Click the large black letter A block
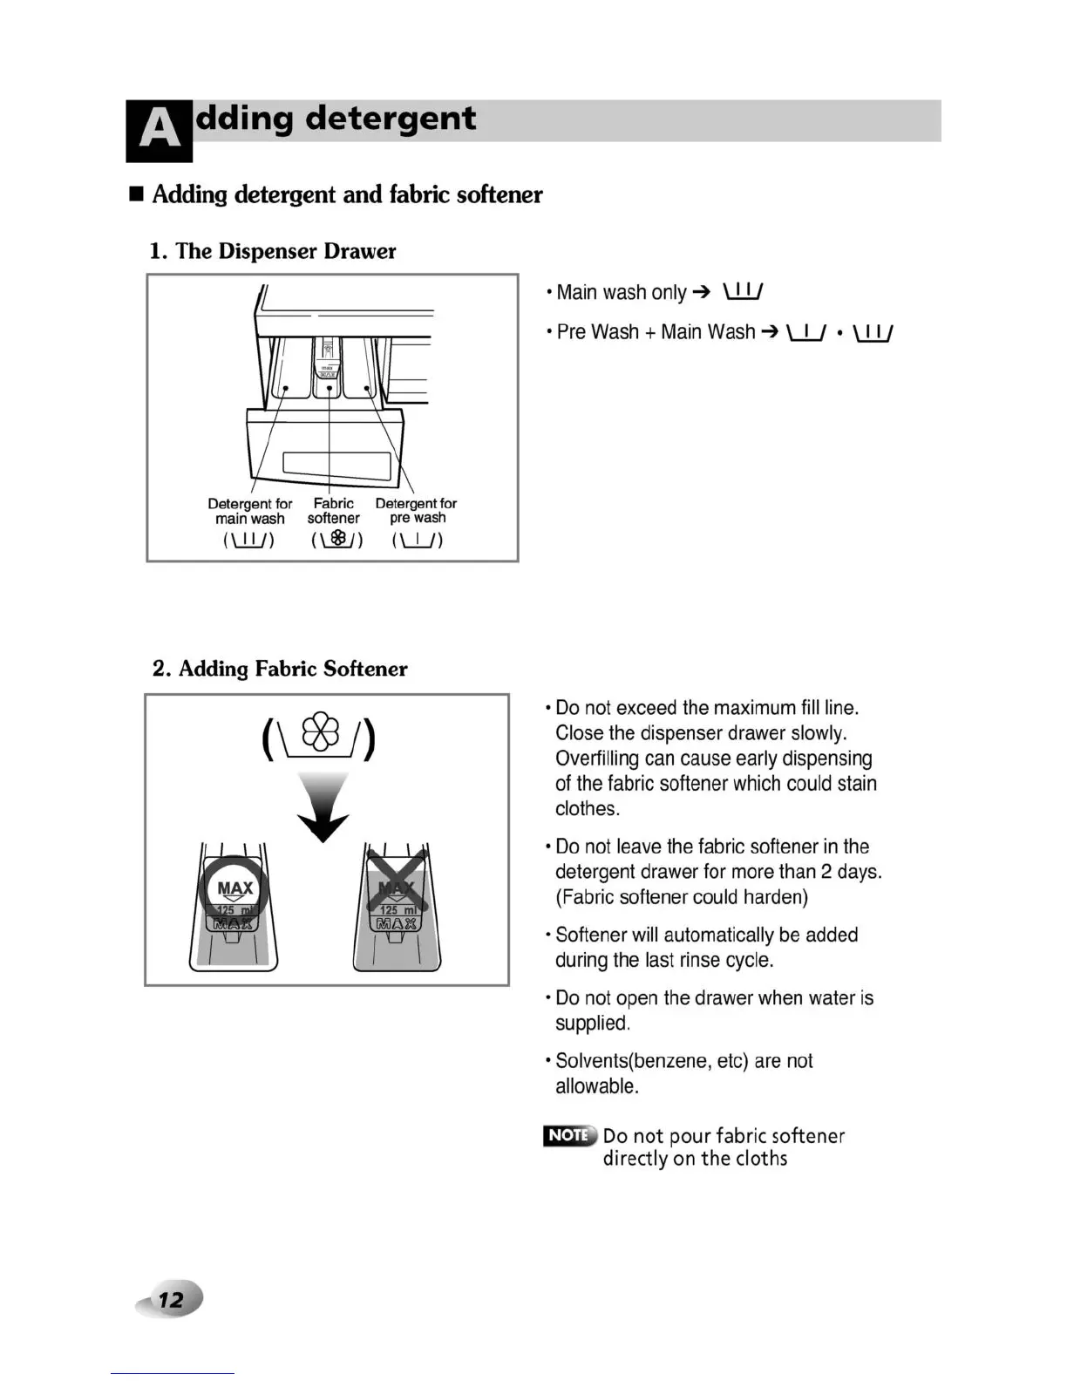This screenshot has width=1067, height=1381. pyautogui.click(x=159, y=131)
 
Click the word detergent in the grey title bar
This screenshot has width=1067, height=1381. pyautogui.click(x=391, y=119)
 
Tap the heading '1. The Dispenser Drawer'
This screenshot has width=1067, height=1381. pyautogui.click(x=272, y=251)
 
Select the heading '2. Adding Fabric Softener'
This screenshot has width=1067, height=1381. pyautogui.click(x=280, y=669)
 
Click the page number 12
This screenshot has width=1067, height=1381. pyautogui.click(x=171, y=1300)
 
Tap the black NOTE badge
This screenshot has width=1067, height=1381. pyautogui.click(x=569, y=1135)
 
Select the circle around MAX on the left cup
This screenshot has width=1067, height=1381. pyautogui.click(x=234, y=889)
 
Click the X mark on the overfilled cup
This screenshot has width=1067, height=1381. pyautogui.click(x=397, y=884)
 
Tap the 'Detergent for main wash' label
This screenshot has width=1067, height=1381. pyautogui.click(x=250, y=511)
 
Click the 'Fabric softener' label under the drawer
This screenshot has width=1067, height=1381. pyautogui.click(x=333, y=511)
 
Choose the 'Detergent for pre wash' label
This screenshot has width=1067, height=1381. pyautogui.click(x=416, y=511)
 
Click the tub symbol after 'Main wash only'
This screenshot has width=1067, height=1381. pyautogui.click(x=743, y=292)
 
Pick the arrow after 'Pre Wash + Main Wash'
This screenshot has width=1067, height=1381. pyautogui.click(x=769, y=332)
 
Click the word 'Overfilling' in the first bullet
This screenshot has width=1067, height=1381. pyautogui.click(x=598, y=759)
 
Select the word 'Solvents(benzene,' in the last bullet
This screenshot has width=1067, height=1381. pyautogui.click(x=634, y=1061)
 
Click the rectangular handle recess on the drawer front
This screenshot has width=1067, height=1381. pyautogui.click(x=330, y=465)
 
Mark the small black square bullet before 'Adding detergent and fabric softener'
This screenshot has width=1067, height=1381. pyautogui.click(x=136, y=194)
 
